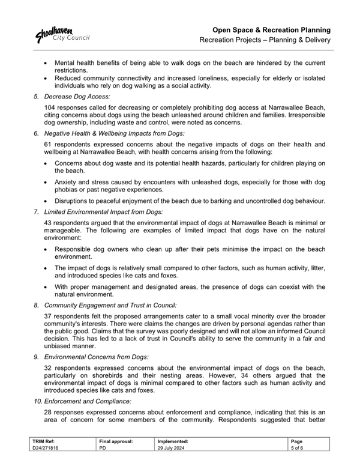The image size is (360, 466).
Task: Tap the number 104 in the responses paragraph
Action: pyautogui.click(x=51, y=107)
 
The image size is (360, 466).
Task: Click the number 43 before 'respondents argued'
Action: pyautogui.click(x=49, y=223)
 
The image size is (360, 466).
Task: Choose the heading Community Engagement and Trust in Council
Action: pyautogui.click(x=110, y=305)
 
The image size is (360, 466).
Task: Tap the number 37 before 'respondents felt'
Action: pyautogui.click(x=49, y=316)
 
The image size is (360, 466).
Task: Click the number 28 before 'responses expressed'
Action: pyautogui.click(x=49, y=412)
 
